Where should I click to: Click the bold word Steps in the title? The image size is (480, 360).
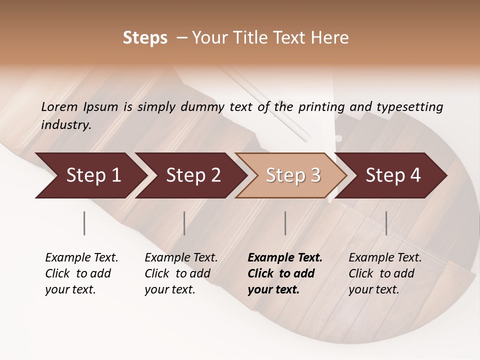click(145, 38)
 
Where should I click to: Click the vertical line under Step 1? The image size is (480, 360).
click(84, 223)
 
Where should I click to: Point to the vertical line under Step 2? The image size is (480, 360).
click(184, 223)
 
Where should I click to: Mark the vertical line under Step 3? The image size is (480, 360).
click(285, 223)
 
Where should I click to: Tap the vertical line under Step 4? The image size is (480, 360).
click(386, 223)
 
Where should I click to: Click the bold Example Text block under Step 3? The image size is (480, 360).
click(285, 273)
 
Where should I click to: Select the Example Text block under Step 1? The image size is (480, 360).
click(81, 273)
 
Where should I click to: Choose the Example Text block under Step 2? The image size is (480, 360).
click(181, 273)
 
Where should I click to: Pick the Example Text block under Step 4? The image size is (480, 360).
click(385, 273)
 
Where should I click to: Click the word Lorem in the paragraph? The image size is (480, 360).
click(59, 107)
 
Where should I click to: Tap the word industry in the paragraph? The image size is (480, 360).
click(66, 125)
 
